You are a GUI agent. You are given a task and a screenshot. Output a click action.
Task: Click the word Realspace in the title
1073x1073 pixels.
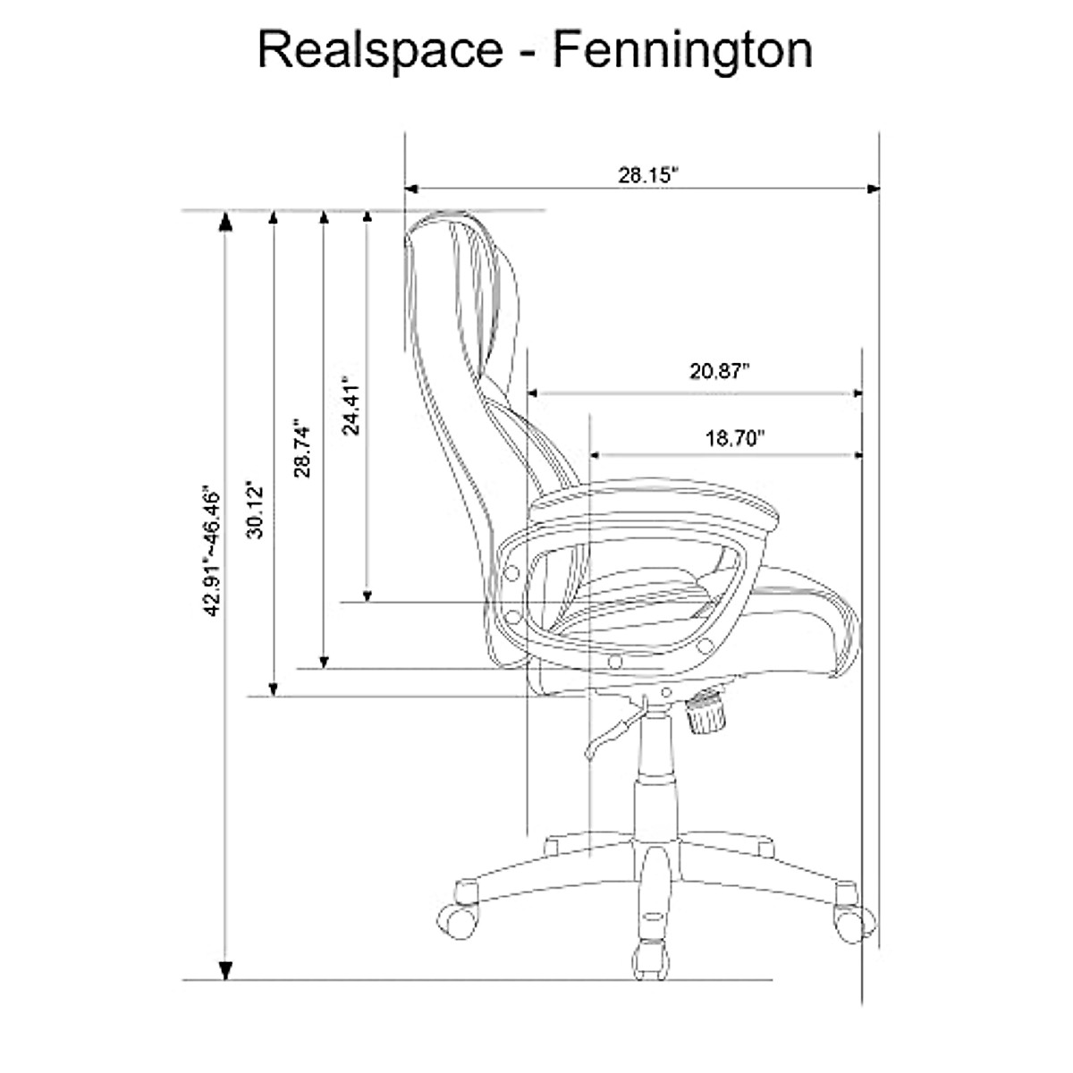coord(380,51)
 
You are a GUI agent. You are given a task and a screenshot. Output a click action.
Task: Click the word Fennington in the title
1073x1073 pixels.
coord(682,51)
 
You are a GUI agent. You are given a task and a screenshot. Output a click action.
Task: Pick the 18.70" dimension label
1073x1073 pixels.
coord(736,438)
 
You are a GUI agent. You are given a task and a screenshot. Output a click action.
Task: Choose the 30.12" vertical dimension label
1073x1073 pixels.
coord(257,510)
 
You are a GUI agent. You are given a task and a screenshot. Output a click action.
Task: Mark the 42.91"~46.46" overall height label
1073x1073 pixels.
coord(212,552)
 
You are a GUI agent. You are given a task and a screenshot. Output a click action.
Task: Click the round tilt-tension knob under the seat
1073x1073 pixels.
coord(706,714)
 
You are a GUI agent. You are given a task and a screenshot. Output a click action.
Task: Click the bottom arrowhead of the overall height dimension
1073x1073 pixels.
coord(227,969)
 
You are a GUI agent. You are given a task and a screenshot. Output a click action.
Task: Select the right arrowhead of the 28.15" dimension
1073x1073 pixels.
coord(874,189)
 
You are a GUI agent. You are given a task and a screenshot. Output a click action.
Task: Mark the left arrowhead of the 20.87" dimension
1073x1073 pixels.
coord(534,393)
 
